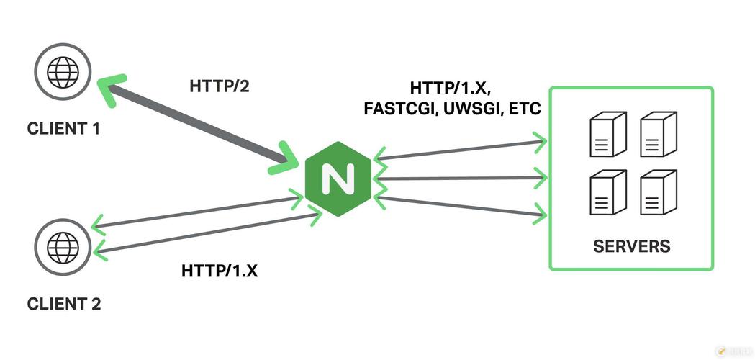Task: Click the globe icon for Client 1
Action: click(x=63, y=72)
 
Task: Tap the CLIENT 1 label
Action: click(x=64, y=130)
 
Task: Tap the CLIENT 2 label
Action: click(x=64, y=304)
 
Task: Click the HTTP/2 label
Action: click(x=219, y=86)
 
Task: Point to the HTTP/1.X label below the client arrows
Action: click(x=219, y=271)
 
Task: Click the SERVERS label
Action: click(x=631, y=246)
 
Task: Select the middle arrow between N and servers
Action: click(x=457, y=177)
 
